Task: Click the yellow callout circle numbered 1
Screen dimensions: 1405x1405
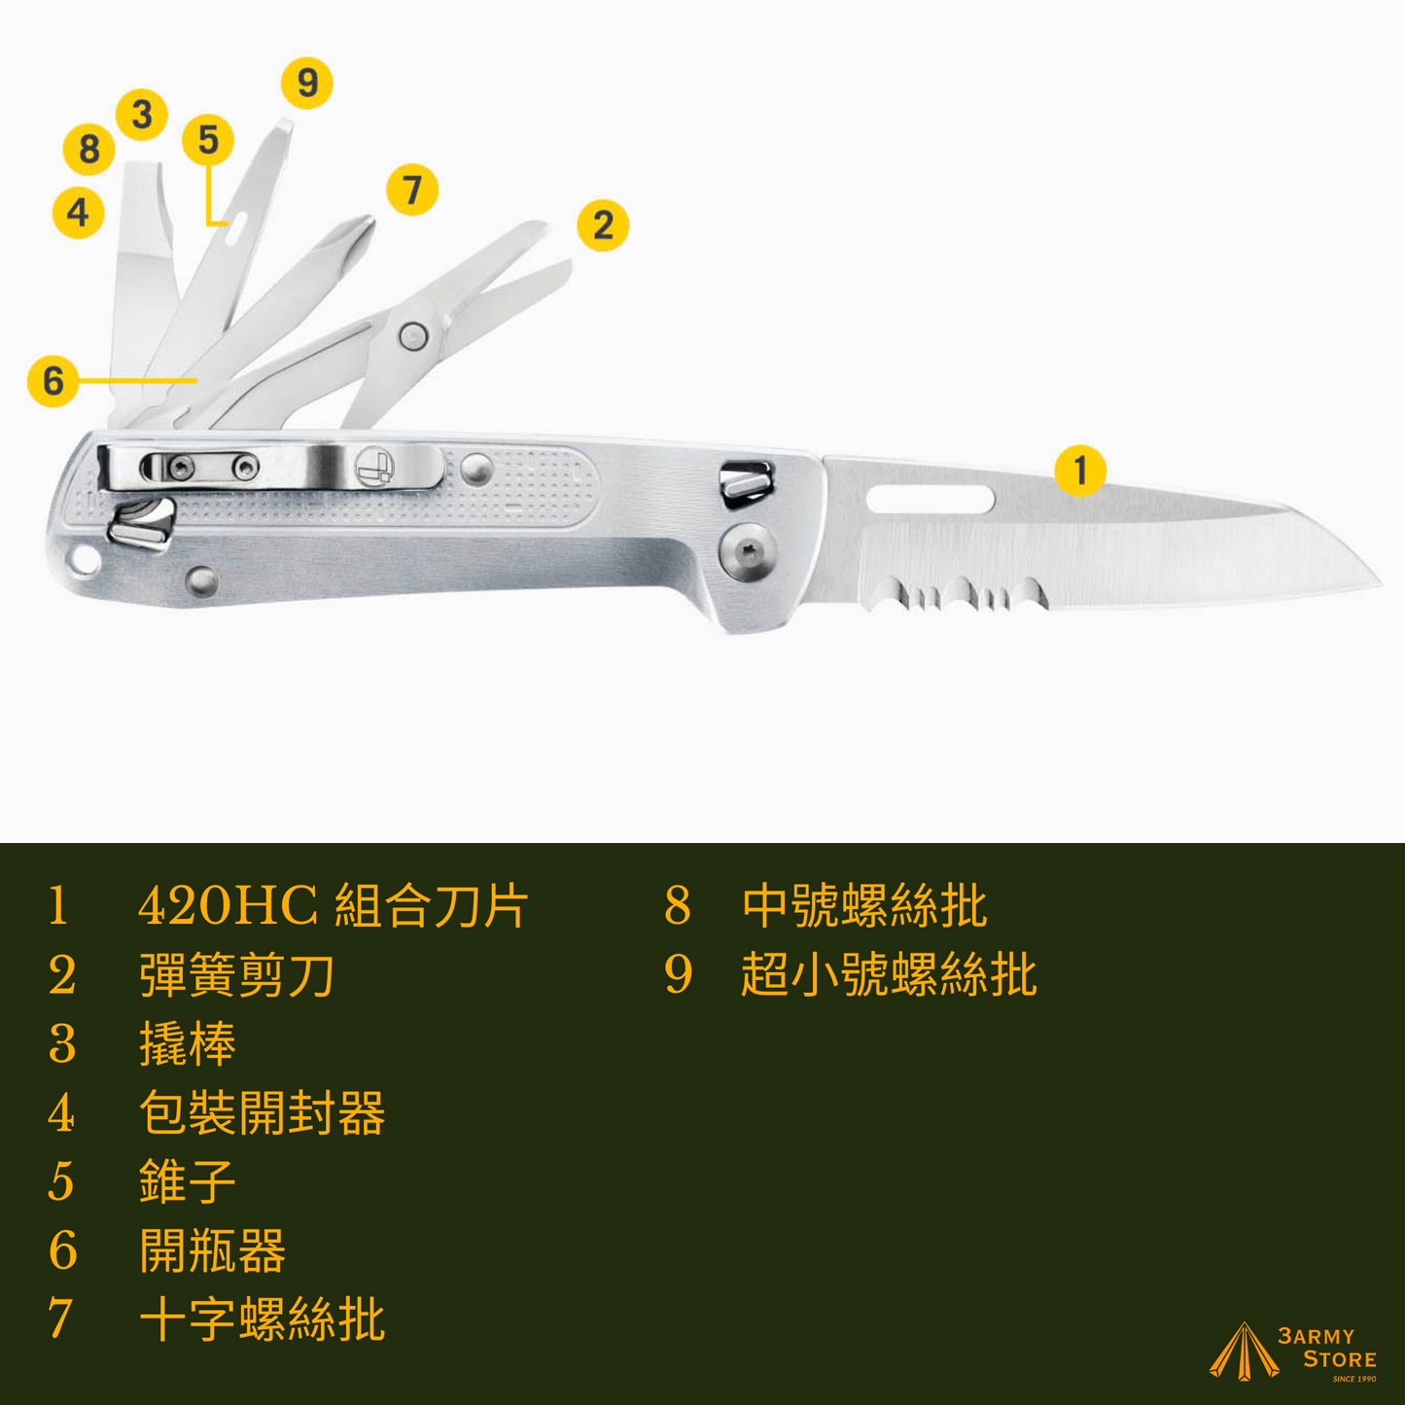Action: tap(1080, 471)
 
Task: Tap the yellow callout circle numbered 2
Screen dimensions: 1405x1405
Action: tap(602, 225)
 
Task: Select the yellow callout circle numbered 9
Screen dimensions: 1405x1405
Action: tap(307, 83)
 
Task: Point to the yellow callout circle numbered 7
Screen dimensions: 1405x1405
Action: tap(412, 190)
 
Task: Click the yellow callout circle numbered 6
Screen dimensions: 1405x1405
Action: tap(53, 380)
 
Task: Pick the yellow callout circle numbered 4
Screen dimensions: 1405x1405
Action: tap(78, 212)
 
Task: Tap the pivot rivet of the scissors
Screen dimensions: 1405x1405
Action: tap(412, 336)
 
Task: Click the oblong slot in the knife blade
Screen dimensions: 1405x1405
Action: tap(931, 500)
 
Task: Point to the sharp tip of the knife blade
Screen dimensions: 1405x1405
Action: tap(1381, 584)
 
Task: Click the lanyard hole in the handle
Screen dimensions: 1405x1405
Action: tap(85, 559)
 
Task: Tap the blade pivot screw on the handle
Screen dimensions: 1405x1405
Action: tap(747, 551)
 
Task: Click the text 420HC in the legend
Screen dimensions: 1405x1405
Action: tap(228, 906)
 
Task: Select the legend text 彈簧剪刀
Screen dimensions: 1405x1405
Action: tap(236, 975)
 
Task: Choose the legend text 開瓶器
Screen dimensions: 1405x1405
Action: tap(212, 1250)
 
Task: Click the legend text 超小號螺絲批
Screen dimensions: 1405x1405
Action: tap(889, 974)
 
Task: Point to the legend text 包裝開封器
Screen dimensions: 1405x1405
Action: tap(261, 1112)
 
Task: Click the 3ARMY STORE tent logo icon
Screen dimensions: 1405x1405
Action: tap(1244, 1352)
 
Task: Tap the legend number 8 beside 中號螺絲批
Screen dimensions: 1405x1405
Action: tap(678, 906)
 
